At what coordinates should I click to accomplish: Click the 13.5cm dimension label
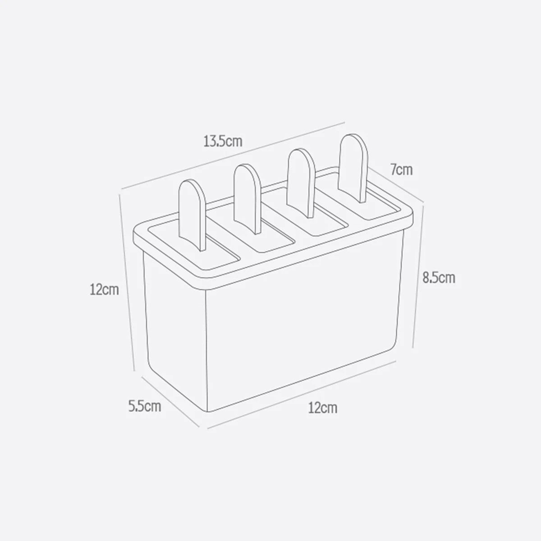[223, 142]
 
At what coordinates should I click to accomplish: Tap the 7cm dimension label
[401, 170]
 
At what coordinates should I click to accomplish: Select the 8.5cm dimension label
[438, 277]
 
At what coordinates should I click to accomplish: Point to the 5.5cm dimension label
[144, 406]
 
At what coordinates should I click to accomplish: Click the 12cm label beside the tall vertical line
[104, 289]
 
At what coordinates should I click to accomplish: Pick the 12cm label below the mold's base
[322, 408]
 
